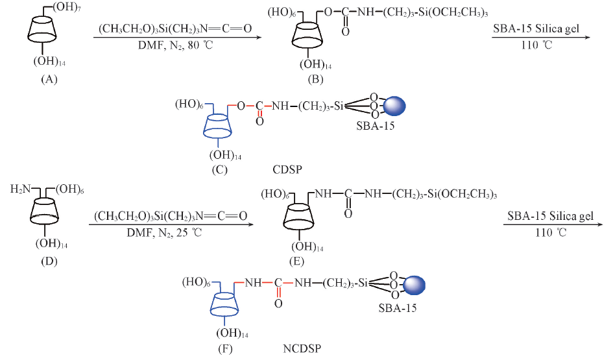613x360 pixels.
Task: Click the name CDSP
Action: pyautogui.click(x=287, y=169)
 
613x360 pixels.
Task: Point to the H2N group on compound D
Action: pyautogui.click(x=20, y=189)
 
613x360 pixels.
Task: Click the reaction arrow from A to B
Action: pyautogui.click(x=177, y=38)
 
